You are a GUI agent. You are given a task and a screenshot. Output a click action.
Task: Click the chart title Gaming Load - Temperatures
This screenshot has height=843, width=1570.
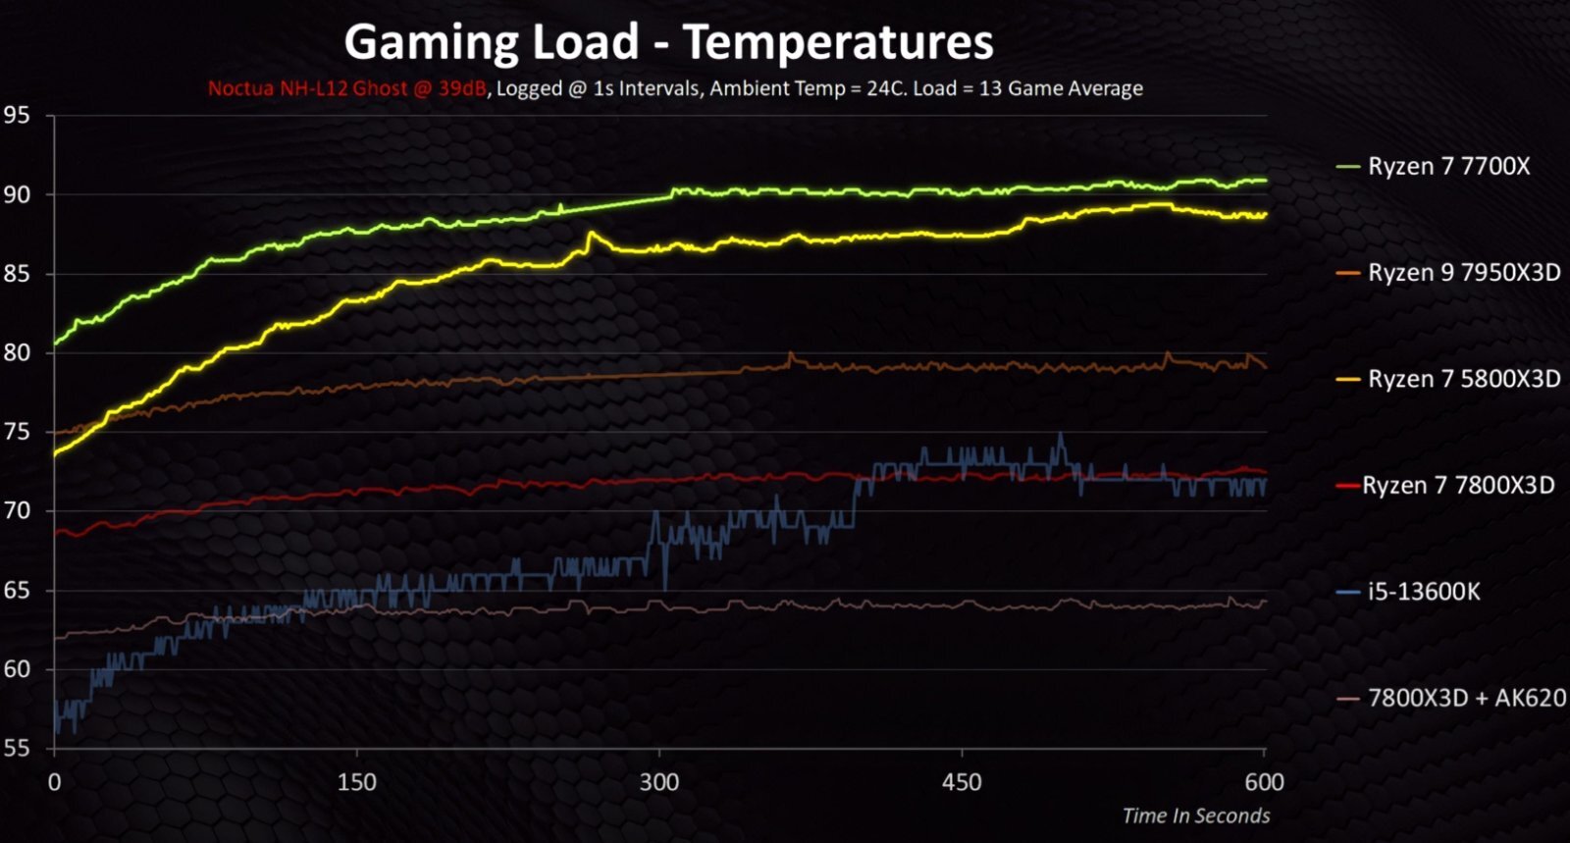(x=668, y=42)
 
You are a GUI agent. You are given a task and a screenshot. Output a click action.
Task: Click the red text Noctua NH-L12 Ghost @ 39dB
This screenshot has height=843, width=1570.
(x=346, y=88)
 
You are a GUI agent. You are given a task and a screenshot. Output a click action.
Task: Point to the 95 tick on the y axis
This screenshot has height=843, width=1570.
(x=17, y=116)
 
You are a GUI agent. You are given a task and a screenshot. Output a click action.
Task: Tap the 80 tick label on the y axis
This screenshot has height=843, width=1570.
(x=17, y=352)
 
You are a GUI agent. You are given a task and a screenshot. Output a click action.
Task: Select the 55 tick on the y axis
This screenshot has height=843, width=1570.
(x=17, y=749)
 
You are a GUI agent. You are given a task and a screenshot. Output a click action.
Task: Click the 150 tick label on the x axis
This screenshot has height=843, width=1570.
(x=356, y=782)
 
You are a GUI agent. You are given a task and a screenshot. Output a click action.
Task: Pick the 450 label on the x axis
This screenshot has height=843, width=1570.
(x=962, y=782)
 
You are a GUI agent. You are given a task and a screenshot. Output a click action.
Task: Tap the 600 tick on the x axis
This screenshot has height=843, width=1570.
(x=1264, y=782)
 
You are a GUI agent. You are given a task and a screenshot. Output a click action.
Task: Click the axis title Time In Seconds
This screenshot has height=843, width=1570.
(x=1195, y=816)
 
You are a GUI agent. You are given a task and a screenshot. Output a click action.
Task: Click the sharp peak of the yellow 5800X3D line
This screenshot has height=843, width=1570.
(x=590, y=233)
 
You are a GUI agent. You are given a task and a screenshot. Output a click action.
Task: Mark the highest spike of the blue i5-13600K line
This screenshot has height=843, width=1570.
(x=1060, y=434)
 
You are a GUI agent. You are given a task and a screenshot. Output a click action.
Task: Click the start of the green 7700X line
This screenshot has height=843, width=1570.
(x=55, y=343)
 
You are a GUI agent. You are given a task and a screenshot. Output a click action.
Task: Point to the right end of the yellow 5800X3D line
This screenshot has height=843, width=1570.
(x=1264, y=215)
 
